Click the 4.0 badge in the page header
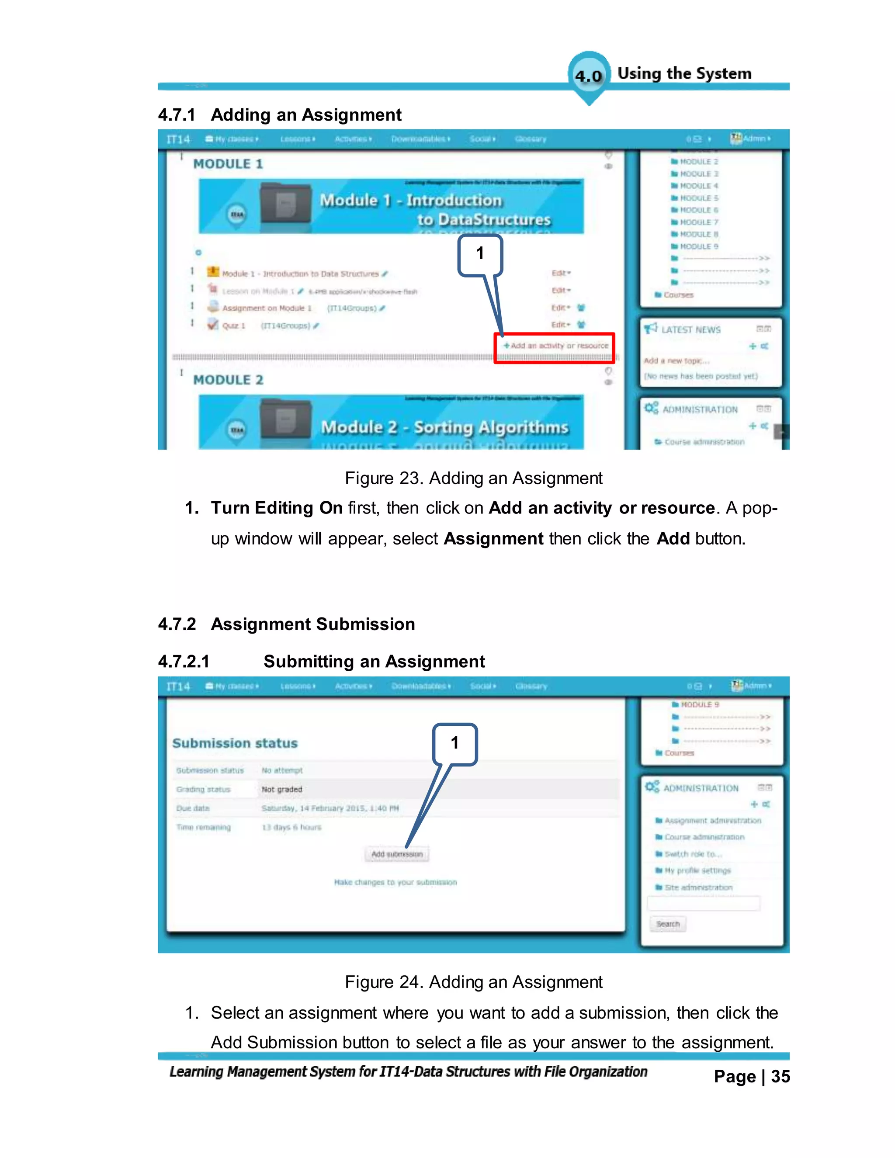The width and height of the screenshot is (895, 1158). [x=589, y=76]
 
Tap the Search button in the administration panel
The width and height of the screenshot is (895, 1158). [x=668, y=924]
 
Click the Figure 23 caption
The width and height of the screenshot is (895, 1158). [x=473, y=478]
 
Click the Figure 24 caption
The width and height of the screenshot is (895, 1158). [x=473, y=982]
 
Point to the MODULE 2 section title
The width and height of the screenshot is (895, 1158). [x=228, y=380]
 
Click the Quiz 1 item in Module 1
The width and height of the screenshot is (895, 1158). [x=234, y=326]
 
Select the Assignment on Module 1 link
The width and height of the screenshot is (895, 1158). [x=267, y=308]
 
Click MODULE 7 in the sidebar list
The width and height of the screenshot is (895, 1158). [x=698, y=222]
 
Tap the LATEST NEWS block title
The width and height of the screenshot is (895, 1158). [x=690, y=330]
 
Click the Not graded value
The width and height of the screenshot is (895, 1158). [x=281, y=790]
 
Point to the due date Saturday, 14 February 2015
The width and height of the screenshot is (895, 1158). [x=330, y=808]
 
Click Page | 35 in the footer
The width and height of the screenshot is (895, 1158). [x=751, y=1077]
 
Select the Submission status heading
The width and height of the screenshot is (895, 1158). [x=235, y=743]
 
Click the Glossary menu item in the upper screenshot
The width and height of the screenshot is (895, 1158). [x=530, y=139]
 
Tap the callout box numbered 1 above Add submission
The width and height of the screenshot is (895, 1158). [x=455, y=743]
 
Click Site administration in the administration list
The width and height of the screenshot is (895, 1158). [x=698, y=888]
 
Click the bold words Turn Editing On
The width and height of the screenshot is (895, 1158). [x=276, y=508]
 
